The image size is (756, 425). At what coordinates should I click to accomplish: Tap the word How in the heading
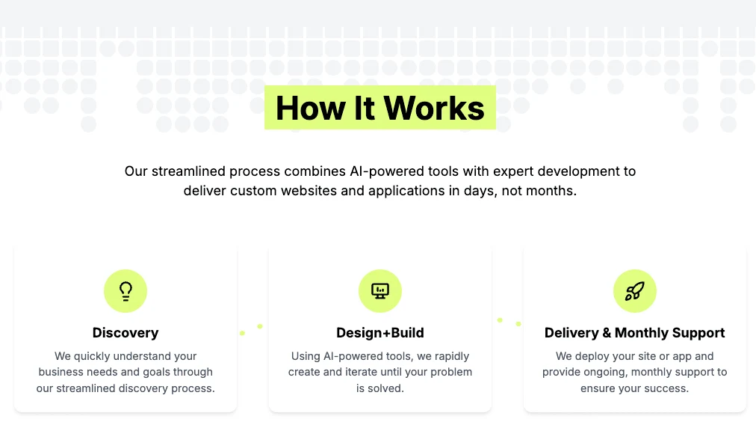tap(311, 108)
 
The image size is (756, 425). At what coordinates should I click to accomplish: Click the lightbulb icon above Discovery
tap(126, 291)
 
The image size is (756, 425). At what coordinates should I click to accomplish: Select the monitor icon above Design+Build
tap(380, 291)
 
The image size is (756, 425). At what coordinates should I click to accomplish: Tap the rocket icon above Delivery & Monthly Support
tap(634, 291)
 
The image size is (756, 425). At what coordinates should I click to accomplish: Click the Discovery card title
tap(126, 333)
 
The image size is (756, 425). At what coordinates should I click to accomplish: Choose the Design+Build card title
tap(380, 333)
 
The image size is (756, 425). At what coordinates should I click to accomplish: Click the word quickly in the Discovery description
tap(92, 356)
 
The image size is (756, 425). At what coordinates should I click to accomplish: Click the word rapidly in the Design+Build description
tap(452, 356)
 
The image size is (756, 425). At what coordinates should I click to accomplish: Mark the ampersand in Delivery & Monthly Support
tap(607, 333)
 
